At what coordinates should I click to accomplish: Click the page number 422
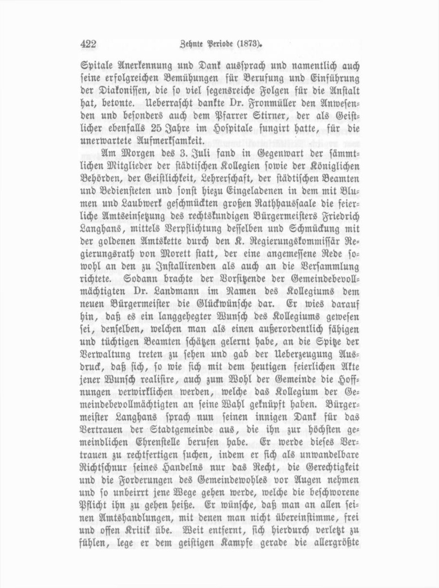click(88, 44)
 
